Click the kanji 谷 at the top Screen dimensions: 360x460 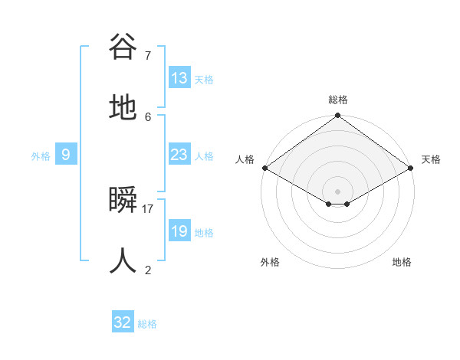[123, 47]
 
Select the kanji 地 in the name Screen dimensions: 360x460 [123, 108]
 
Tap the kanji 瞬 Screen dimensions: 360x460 [123, 201]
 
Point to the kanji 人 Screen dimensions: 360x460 [123, 261]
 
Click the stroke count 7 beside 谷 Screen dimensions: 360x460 [147, 55]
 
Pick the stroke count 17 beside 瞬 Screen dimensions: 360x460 [148, 208]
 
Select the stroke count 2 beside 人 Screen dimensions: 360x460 [147, 270]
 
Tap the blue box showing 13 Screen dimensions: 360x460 [179, 78]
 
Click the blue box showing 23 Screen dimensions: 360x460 [179, 155]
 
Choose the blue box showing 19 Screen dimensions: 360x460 [179, 231]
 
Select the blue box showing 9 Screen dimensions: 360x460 [66, 155]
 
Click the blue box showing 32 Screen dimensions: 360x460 [123, 322]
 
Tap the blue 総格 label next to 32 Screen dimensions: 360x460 [147, 324]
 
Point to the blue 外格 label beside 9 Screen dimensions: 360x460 [41, 156]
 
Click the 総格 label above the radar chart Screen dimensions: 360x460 [338, 100]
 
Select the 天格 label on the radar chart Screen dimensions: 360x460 [431, 159]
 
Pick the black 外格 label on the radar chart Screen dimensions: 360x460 [270, 262]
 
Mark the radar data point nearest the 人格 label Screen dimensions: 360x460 [264, 168]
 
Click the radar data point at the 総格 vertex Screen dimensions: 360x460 [337, 116]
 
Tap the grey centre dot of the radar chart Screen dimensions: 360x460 [337, 191]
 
